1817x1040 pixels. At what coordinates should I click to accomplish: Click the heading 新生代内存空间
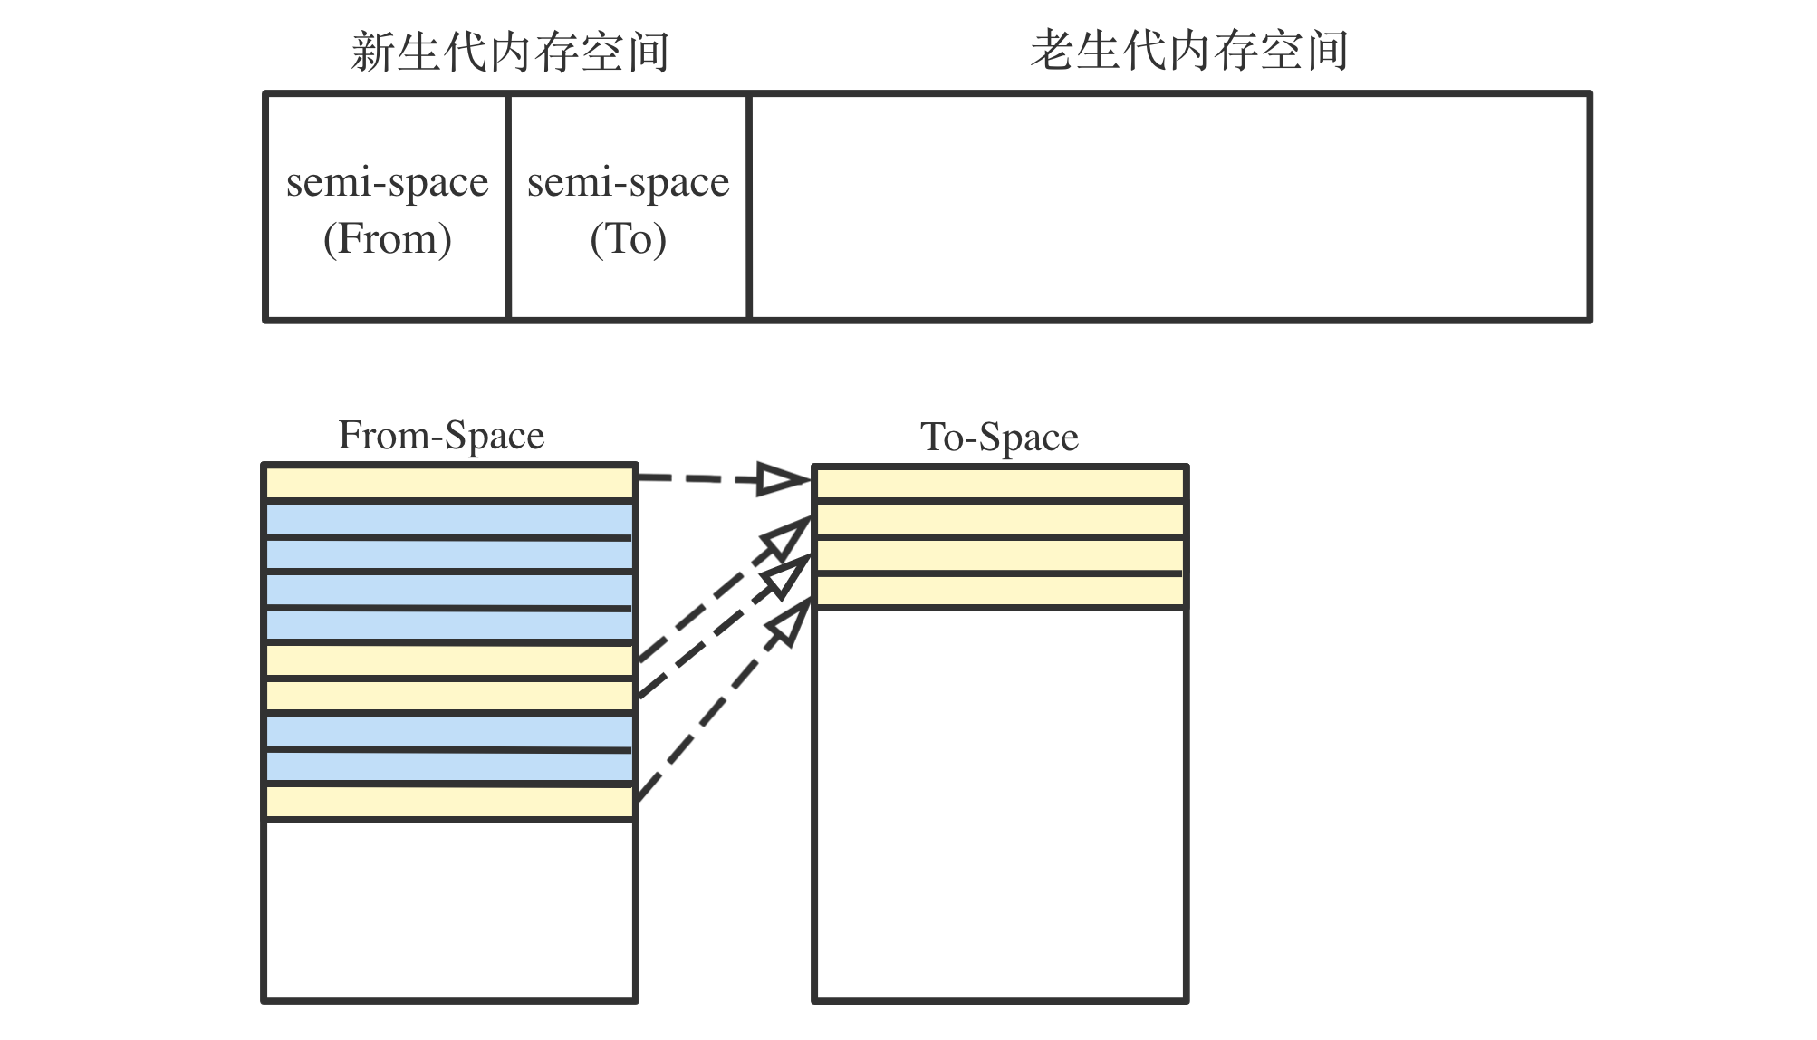[510, 51]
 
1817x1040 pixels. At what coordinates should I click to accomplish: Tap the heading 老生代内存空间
[1189, 50]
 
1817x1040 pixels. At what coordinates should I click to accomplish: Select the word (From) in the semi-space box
[388, 239]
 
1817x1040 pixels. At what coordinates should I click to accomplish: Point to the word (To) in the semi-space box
[629, 239]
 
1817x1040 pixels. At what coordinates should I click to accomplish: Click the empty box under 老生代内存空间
[1170, 207]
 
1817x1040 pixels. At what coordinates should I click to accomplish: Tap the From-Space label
[441, 435]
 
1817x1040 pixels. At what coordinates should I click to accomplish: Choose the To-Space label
[999, 437]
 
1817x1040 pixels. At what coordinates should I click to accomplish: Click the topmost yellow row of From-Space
[449, 483]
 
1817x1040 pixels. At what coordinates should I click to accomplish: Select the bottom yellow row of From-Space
[449, 802]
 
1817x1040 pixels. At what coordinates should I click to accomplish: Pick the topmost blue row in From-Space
[449, 519]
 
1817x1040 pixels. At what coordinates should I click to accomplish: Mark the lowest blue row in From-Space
[449, 767]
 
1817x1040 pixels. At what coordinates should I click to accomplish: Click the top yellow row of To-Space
[1000, 483]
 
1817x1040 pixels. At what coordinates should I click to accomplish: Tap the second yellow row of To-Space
[1000, 519]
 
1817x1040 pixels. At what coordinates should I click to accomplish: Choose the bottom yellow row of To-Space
[1000, 592]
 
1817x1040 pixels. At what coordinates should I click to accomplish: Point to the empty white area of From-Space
[449, 910]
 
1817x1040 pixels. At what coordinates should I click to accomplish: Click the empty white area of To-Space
[1000, 804]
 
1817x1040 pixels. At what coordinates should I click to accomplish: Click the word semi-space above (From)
[388, 183]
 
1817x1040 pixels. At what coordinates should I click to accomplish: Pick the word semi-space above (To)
[629, 183]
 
